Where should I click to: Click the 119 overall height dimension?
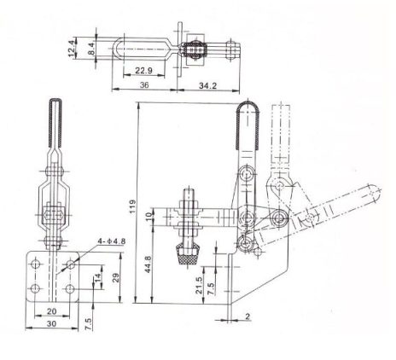point(132,207)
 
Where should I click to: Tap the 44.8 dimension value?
point(148,264)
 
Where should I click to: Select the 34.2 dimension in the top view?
point(207,85)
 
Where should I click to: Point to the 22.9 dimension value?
point(143,70)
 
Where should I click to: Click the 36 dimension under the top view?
point(144,85)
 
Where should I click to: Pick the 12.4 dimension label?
point(72,48)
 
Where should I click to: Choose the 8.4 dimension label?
point(91,48)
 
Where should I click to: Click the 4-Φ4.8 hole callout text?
point(111,241)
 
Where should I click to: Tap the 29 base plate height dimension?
point(116,278)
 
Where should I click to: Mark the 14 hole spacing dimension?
point(97,276)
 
